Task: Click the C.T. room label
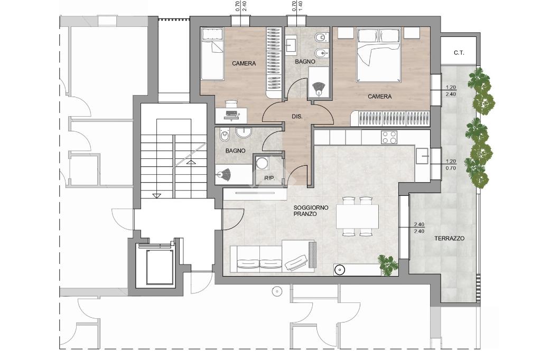459,53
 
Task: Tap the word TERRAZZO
449,238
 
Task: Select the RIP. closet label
269,178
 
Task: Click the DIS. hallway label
297,117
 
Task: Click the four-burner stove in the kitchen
389,137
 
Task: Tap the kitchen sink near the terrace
422,156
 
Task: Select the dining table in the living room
358,216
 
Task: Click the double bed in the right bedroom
379,55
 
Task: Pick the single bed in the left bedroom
212,54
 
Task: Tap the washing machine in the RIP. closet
263,163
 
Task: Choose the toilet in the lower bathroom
225,135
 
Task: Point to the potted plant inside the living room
388,264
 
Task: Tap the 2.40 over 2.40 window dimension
419,228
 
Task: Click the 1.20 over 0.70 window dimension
451,165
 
